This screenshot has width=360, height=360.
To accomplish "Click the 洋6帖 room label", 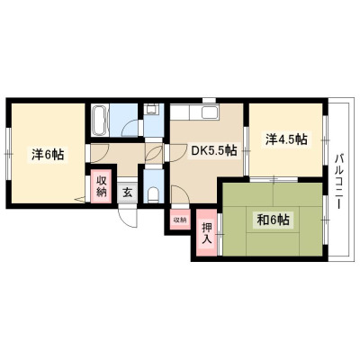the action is [48, 155].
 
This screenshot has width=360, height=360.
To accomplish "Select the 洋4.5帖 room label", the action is [286, 139].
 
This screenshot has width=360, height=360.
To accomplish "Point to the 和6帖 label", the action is [274, 220].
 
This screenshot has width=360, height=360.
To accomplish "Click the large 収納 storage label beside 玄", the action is [102, 187].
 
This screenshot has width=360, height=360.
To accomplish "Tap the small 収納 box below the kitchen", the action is [180, 220].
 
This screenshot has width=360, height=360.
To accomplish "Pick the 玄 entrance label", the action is [128, 192].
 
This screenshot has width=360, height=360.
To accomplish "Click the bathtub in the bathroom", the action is [100, 121].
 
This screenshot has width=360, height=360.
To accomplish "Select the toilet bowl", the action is [154, 194].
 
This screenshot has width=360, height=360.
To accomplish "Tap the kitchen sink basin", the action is [210, 112].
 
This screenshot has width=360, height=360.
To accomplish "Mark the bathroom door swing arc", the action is [130, 127].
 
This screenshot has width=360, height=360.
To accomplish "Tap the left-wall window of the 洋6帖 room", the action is [9, 154].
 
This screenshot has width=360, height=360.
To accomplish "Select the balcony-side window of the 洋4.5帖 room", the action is [325, 140].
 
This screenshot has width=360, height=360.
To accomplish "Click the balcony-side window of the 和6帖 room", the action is [325, 220].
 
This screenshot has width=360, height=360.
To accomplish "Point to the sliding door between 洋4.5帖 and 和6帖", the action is [274, 179].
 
